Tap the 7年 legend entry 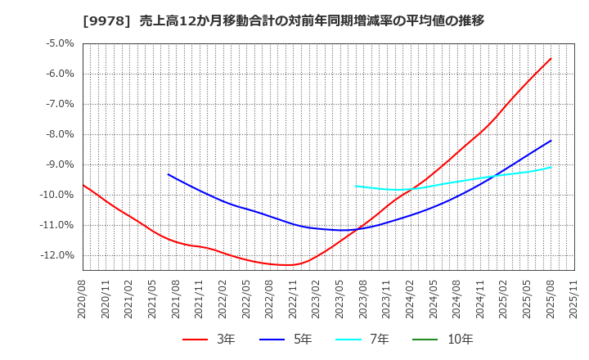click(x=371, y=339)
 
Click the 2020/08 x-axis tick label click(x=83, y=299)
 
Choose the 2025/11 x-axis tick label click(x=573, y=299)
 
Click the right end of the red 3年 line click(x=551, y=58)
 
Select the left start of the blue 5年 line click(x=169, y=174)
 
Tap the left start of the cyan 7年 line click(x=356, y=186)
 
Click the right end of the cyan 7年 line click(x=551, y=167)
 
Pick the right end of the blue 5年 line click(x=551, y=141)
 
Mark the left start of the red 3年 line click(x=83, y=185)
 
